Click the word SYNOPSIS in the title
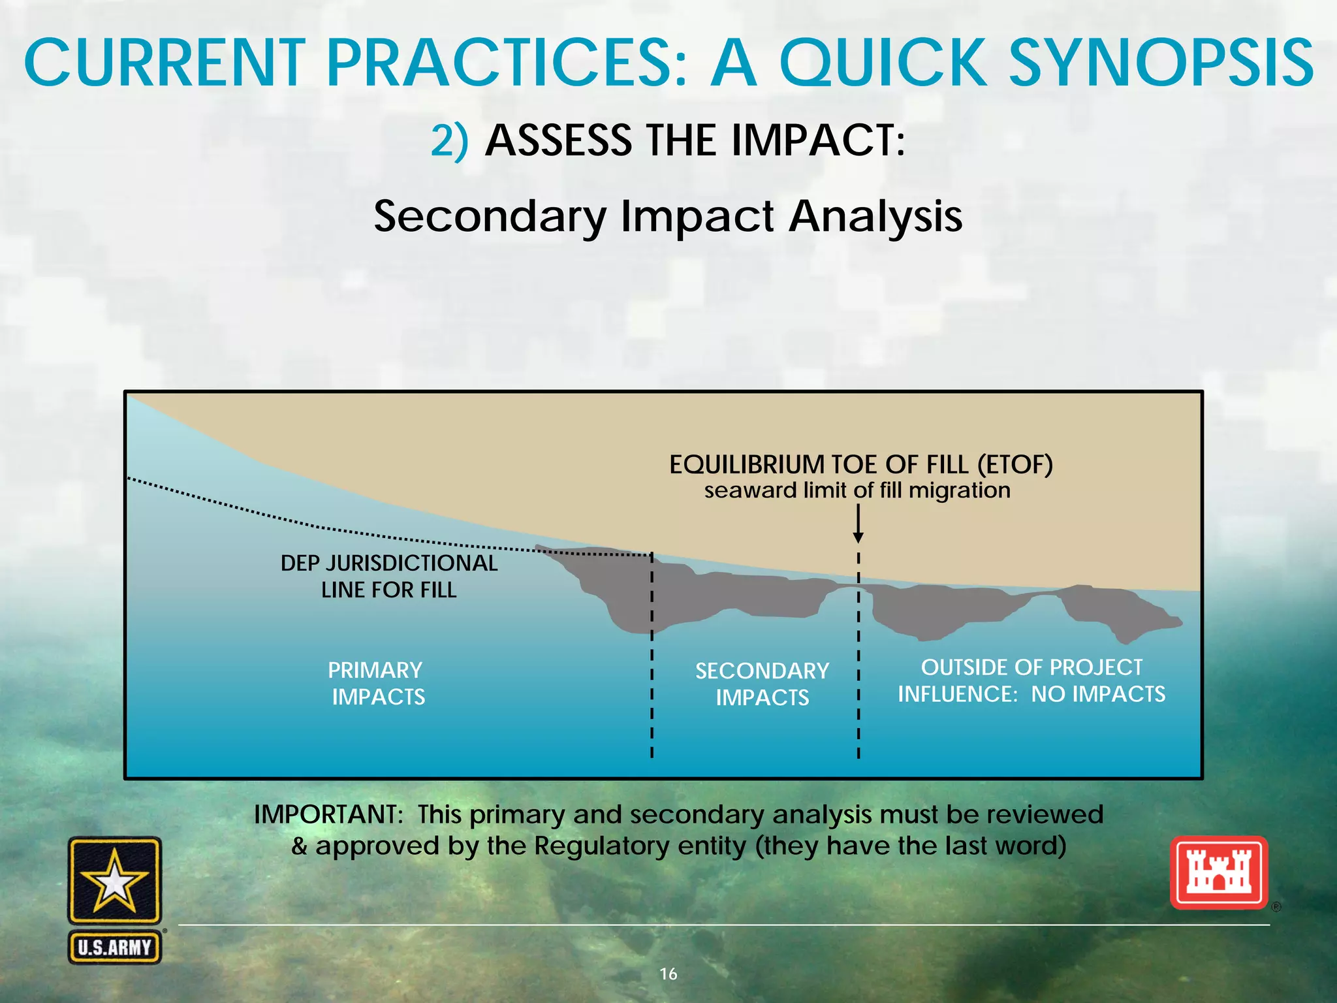tap(1161, 63)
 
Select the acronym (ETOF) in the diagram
tap(1015, 465)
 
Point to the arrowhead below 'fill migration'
tap(858, 537)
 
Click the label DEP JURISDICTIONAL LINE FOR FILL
tap(389, 576)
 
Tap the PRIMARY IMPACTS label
tap(377, 683)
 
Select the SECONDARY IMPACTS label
tap(762, 684)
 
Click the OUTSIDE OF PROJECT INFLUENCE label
tap(1031, 680)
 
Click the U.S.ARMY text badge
tap(115, 947)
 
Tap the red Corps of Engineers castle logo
tap(1218, 872)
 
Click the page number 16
tap(668, 974)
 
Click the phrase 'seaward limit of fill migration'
tap(857, 490)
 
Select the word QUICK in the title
tap(883, 63)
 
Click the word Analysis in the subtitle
tap(875, 216)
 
